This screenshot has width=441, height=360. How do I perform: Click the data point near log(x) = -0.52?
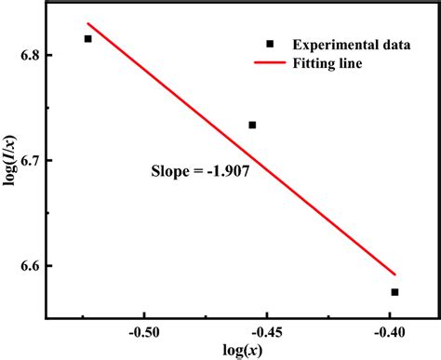pyautogui.click(x=88, y=39)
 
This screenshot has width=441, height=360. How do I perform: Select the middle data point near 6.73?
pyautogui.click(x=252, y=125)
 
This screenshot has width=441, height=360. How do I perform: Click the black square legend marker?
pyautogui.click(x=270, y=44)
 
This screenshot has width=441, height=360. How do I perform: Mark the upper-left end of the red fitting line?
pyautogui.click(x=87, y=23)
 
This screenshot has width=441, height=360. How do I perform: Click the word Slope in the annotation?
pyautogui.click(x=169, y=171)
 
